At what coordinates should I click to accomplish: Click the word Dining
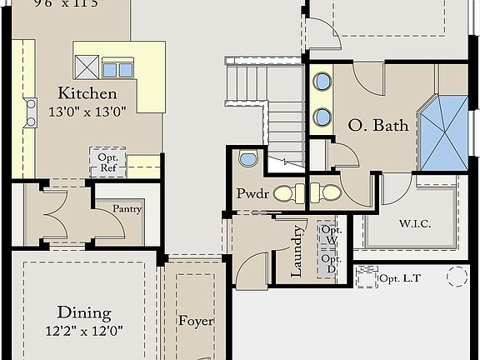(x=84, y=313)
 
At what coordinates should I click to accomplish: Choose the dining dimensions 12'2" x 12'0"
(x=85, y=330)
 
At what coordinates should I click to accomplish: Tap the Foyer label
(x=196, y=321)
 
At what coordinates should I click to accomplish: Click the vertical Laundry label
(x=296, y=252)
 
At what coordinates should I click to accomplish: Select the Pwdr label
(x=251, y=195)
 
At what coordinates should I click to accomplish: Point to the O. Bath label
(x=378, y=127)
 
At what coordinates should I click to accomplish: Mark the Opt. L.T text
(x=402, y=278)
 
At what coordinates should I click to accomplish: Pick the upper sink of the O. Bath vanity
(x=322, y=83)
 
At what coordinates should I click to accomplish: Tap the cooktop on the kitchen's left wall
(x=31, y=112)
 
